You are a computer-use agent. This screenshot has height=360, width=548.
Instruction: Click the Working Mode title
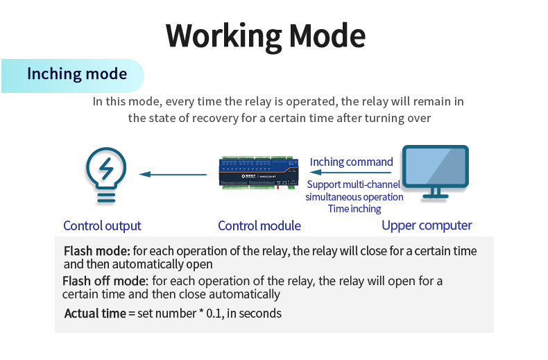tap(266, 35)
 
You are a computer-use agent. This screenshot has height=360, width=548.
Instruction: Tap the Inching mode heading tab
tap(76, 74)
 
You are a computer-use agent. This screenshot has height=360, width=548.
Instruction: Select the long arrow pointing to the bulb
tap(173, 174)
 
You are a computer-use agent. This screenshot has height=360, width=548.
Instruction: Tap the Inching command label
tap(351, 162)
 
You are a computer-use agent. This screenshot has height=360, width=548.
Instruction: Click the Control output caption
tap(102, 225)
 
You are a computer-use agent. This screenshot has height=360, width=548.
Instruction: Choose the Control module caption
tap(259, 225)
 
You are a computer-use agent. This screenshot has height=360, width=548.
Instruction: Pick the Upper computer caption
tap(427, 225)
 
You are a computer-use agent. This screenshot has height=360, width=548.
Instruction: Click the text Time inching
tap(354, 209)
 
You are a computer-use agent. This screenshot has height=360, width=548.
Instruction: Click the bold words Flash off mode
tap(105, 281)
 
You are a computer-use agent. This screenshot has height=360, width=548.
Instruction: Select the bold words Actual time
tap(95, 314)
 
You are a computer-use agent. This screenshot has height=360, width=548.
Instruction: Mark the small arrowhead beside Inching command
tap(301, 163)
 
